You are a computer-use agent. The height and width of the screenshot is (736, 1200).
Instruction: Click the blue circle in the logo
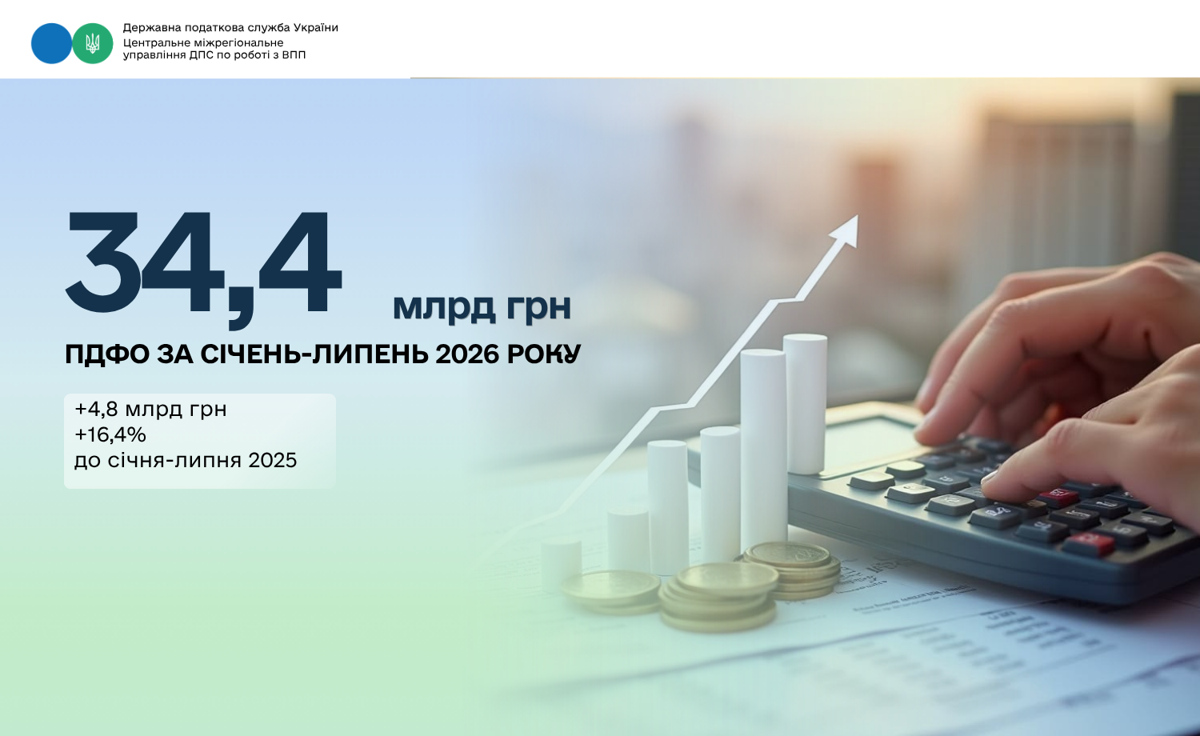(51, 43)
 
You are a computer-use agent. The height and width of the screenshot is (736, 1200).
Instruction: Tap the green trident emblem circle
(93, 43)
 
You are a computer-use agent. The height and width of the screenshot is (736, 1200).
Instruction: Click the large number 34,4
(203, 268)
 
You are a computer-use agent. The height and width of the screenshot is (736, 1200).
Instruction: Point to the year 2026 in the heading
(466, 354)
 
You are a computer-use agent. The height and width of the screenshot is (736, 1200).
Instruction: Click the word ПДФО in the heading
(107, 354)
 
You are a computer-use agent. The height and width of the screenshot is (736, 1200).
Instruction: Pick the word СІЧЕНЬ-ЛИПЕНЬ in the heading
(314, 354)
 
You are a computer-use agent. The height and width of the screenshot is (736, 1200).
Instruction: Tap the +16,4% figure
(110, 434)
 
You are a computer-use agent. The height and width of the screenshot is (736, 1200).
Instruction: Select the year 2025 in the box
(272, 460)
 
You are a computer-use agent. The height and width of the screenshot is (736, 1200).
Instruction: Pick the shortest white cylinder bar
(561, 565)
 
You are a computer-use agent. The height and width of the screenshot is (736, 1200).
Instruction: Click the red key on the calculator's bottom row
(1088, 545)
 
